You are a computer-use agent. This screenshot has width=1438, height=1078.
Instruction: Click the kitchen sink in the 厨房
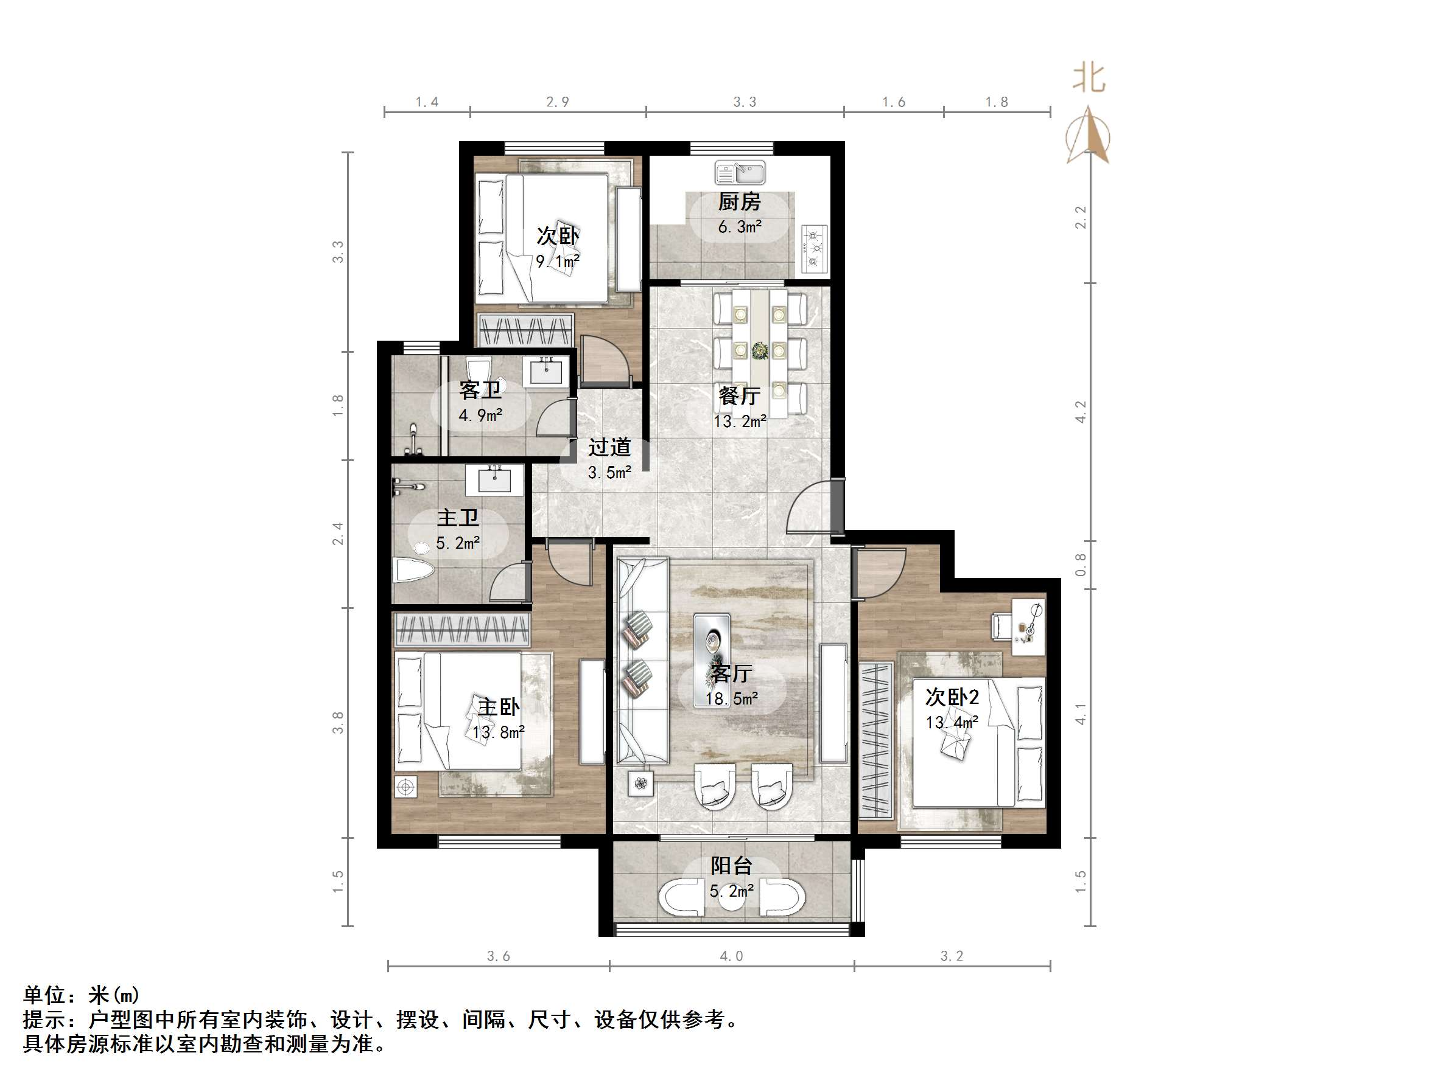tap(740, 173)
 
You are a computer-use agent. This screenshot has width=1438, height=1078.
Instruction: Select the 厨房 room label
tap(739, 202)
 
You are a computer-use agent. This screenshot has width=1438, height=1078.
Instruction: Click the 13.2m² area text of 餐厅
tap(740, 422)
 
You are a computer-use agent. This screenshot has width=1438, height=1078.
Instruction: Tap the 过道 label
tap(609, 447)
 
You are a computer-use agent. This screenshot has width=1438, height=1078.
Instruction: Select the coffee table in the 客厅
tap(712, 641)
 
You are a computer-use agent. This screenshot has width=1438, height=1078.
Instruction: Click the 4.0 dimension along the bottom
tap(731, 956)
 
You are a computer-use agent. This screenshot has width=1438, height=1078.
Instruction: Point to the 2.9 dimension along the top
tap(557, 102)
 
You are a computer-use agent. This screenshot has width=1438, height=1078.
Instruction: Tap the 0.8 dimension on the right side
tap(1080, 564)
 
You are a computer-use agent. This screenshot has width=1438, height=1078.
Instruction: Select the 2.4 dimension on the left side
tap(337, 534)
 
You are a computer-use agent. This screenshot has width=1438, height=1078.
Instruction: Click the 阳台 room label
tap(731, 866)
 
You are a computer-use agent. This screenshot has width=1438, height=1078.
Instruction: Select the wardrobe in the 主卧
tap(462, 630)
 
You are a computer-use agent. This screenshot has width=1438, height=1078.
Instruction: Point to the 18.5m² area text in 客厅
tap(732, 699)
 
